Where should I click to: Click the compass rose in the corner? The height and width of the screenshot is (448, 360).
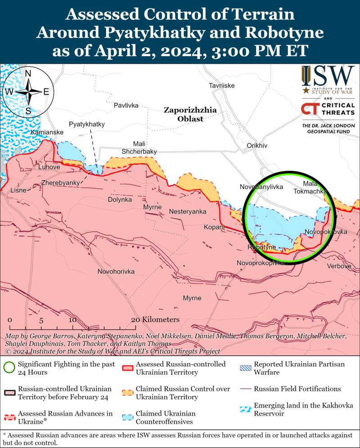(x=28, y=92)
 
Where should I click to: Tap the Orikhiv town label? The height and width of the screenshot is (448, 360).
(x=257, y=146)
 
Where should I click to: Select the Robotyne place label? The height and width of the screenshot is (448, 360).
(x=261, y=248)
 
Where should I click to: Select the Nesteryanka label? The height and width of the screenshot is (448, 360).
(x=188, y=211)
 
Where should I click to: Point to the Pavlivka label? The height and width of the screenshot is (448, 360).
(x=126, y=105)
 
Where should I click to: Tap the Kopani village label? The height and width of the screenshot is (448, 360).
(x=213, y=227)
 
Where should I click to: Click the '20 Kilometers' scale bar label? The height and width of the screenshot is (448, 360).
(x=155, y=319)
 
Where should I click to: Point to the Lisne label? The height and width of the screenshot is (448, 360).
(x=18, y=191)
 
